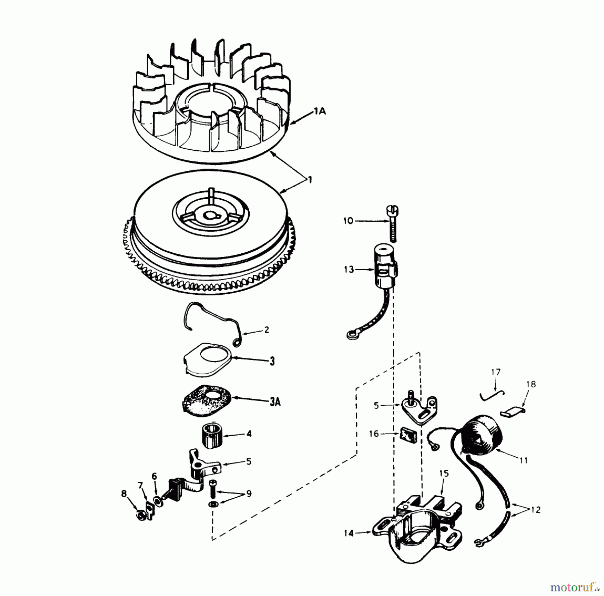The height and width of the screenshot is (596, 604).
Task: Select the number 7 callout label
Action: coord(140,485)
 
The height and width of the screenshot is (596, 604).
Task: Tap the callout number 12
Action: coord(536,510)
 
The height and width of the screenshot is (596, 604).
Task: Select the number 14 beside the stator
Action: coord(349,533)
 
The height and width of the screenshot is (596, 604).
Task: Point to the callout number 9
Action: coord(249,494)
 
